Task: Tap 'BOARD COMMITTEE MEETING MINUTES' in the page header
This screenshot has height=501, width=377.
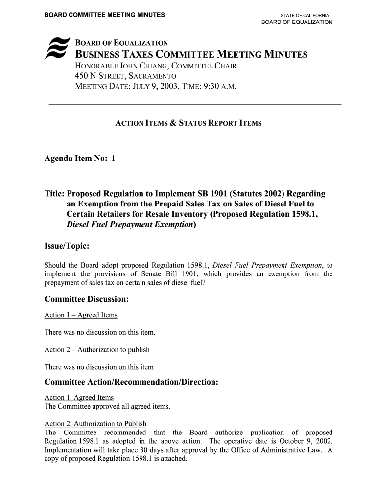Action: point(105,15)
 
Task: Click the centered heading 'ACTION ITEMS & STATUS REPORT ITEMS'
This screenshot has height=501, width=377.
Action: point(188,123)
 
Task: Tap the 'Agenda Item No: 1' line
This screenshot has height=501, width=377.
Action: point(80,159)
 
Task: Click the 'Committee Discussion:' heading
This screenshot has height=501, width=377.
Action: point(87,298)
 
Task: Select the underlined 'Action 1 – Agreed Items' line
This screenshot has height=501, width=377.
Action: point(81,315)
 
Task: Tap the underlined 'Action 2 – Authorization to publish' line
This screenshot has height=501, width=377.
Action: point(97,350)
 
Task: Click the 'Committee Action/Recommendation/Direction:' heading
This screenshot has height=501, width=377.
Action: point(131,382)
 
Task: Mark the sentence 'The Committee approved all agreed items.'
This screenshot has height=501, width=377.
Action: point(107,406)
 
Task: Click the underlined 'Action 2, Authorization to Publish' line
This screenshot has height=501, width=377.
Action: point(95,424)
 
